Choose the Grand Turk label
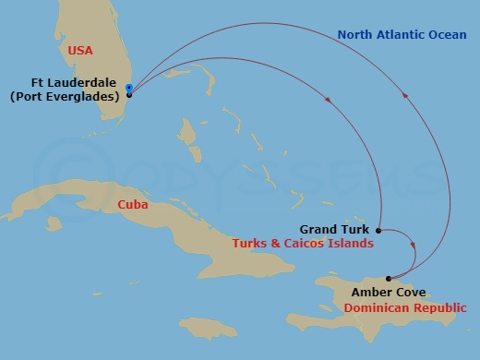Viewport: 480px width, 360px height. pyautogui.click(x=333, y=229)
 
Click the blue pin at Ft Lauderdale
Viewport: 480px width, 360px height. pyautogui.click(x=129, y=90)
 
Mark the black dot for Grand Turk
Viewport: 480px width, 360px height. pyautogui.click(x=378, y=229)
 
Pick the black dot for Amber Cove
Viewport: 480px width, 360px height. pyautogui.click(x=389, y=278)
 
